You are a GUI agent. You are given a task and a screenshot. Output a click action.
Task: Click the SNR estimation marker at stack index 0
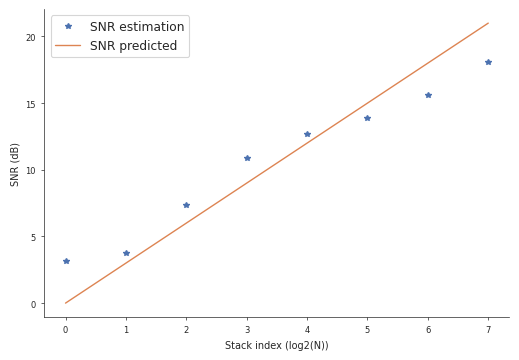coord(66,261)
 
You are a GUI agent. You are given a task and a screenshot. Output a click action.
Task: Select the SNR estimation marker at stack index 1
coord(126,253)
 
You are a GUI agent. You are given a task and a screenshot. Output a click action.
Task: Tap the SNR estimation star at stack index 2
coord(186,205)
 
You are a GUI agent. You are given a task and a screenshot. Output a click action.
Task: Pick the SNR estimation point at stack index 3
coord(247,158)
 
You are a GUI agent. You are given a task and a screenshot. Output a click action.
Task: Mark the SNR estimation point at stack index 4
coord(307,134)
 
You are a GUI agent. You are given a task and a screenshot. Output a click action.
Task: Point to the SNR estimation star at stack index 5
coord(367,118)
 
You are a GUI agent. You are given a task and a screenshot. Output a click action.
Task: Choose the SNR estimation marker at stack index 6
coord(428,95)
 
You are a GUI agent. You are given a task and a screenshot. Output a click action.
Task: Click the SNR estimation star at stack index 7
coord(488,62)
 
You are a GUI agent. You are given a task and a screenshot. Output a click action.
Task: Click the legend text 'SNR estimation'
coord(137,27)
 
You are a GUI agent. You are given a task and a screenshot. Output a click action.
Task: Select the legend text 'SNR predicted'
coord(133,46)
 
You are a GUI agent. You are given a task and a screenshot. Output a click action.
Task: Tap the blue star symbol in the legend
coord(68,27)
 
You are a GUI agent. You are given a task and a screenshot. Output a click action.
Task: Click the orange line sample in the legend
coord(68,46)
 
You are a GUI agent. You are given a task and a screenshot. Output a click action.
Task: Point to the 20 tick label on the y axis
coord(30,37)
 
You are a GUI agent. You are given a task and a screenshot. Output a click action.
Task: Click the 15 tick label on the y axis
coord(30,104)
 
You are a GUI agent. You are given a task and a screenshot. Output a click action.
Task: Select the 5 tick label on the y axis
coord(33,237)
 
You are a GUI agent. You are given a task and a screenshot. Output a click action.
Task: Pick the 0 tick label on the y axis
coord(33,304)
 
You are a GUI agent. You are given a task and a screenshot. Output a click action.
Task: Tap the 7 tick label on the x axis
coord(488,330)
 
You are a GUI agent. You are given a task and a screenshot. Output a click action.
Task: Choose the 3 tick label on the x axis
coord(247,330)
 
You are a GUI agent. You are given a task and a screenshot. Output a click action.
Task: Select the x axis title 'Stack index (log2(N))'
coord(276,346)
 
